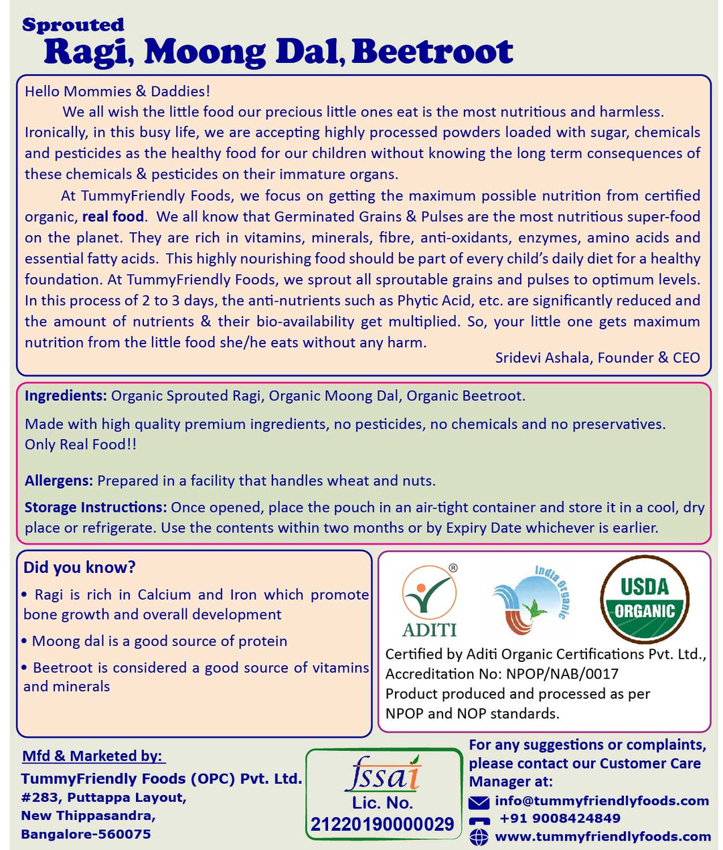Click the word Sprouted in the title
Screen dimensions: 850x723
(73, 25)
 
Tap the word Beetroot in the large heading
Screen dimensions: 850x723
(432, 52)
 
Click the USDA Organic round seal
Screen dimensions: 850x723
(644, 599)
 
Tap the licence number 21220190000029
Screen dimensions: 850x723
(382, 824)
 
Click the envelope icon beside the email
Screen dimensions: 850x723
(479, 802)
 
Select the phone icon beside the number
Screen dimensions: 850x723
(479, 820)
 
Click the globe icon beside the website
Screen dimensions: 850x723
(479, 837)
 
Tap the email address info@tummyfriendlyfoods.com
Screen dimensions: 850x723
(602, 801)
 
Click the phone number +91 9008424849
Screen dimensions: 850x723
(560, 819)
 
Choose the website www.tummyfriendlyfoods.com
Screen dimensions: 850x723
(602, 837)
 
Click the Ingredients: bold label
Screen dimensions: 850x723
(66, 396)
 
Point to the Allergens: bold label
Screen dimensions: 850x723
(59, 481)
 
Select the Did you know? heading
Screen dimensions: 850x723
(79, 568)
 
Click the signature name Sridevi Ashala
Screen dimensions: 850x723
(542, 357)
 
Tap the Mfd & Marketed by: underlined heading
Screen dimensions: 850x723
(92, 756)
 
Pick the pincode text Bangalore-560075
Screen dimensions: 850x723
(86, 835)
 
